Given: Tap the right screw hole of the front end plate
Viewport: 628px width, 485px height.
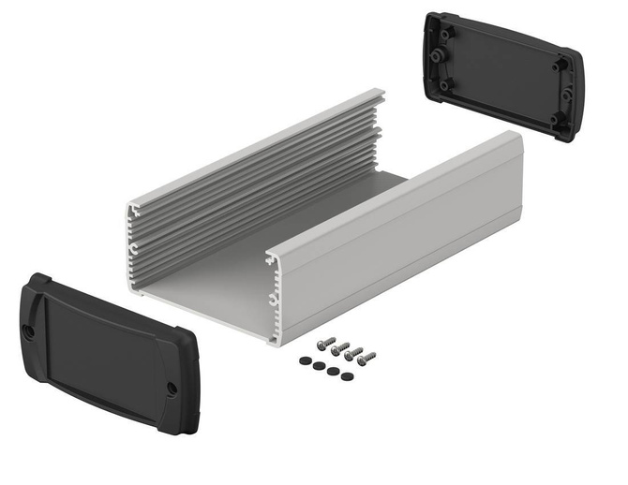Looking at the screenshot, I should click(172, 388).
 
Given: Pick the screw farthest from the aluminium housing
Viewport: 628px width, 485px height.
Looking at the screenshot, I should click(366, 357).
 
